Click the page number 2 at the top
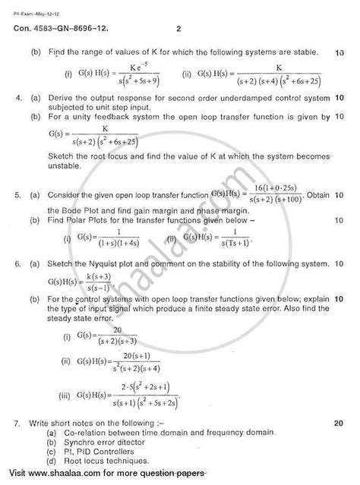point(177,30)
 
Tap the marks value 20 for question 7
point(339,420)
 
